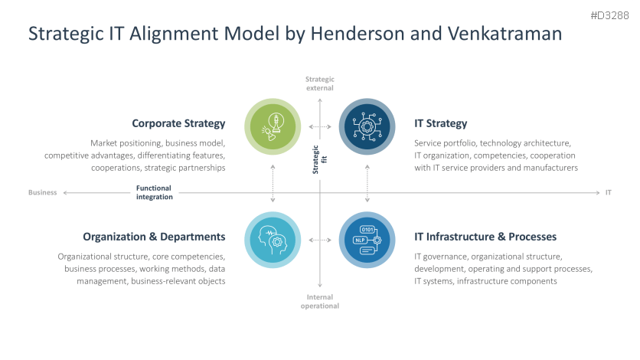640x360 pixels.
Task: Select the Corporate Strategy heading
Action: pyautogui.click(x=178, y=123)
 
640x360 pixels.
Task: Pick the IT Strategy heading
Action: pyautogui.click(x=440, y=123)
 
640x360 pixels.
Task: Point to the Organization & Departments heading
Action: pyautogui.click(x=154, y=237)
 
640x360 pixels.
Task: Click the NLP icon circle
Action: pyautogui.click(x=367, y=240)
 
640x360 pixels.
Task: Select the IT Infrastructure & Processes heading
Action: pyautogui.click(x=485, y=237)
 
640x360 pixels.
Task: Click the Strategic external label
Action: pyautogui.click(x=320, y=83)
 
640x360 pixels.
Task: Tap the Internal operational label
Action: pyautogui.click(x=320, y=301)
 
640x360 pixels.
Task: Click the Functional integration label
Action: pyautogui.click(x=154, y=192)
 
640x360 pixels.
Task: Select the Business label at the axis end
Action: pyautogui.click(x=43, y=193)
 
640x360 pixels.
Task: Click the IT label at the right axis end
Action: pyautogui.click(x=609, y=193)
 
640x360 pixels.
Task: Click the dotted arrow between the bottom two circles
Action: pyautogui.click(x=320, y=240)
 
